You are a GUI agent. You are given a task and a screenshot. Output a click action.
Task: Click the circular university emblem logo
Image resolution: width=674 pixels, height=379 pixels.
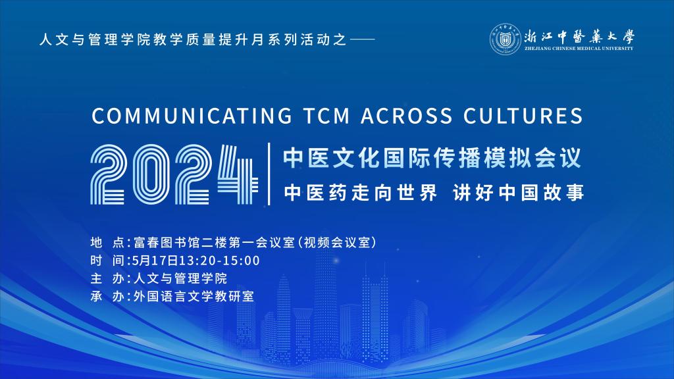505,39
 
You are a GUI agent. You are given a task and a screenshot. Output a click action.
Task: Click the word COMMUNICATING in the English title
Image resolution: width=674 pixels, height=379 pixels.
192,116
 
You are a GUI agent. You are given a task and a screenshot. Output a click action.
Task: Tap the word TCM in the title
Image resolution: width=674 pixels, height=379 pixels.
326,116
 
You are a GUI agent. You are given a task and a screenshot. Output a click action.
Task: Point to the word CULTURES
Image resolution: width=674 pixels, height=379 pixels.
523,116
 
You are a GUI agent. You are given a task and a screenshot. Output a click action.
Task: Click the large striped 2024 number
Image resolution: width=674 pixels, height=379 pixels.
174,174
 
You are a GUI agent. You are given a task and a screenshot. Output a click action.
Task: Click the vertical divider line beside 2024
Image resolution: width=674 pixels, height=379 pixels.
269,174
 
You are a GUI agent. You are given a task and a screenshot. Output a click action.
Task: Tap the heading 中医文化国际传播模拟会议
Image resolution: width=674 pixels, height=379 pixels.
432,158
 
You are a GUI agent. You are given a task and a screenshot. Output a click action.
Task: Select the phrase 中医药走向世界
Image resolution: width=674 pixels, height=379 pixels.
360,193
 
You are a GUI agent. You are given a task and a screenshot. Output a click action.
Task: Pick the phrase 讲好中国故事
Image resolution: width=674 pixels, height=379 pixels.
519,193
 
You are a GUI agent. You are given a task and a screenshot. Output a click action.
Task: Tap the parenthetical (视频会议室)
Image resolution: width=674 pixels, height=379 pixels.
338,243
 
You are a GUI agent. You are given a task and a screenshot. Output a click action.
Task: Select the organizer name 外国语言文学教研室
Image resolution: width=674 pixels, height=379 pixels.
194,297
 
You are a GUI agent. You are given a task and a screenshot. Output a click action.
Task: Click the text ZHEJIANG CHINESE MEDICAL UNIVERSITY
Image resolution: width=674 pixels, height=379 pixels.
579,49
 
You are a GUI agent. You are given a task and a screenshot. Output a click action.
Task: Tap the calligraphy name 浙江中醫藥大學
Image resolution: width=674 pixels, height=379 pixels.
579,37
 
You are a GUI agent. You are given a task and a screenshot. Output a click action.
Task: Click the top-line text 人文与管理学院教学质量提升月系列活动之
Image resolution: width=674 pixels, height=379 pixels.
193,39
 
